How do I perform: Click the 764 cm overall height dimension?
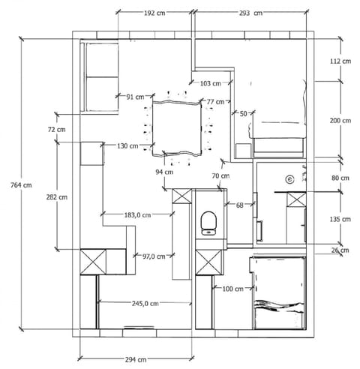pos(21,185)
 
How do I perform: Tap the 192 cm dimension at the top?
pos(154,13)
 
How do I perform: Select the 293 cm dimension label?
pos(250,13)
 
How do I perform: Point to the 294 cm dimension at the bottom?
pos(136,360)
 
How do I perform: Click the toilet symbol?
pos(208,223)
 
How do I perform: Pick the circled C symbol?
pos(289,179)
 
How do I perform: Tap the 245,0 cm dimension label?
pos(145,304)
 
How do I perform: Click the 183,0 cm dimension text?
pos(137,214)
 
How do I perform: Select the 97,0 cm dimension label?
pos(154,256)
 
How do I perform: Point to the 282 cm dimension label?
pos(57,197)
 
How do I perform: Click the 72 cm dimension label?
pos(57,130)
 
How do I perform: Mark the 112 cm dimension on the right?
pos(340,61)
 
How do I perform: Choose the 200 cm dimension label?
pos(340,121)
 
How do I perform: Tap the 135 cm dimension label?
pos(340,219)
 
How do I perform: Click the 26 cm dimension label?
pos(340,250)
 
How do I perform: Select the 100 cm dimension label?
pos(232,289)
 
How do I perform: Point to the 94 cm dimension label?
pos(164,172)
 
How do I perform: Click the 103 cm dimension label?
pos(211,83)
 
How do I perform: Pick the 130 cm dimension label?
pos(127,145)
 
